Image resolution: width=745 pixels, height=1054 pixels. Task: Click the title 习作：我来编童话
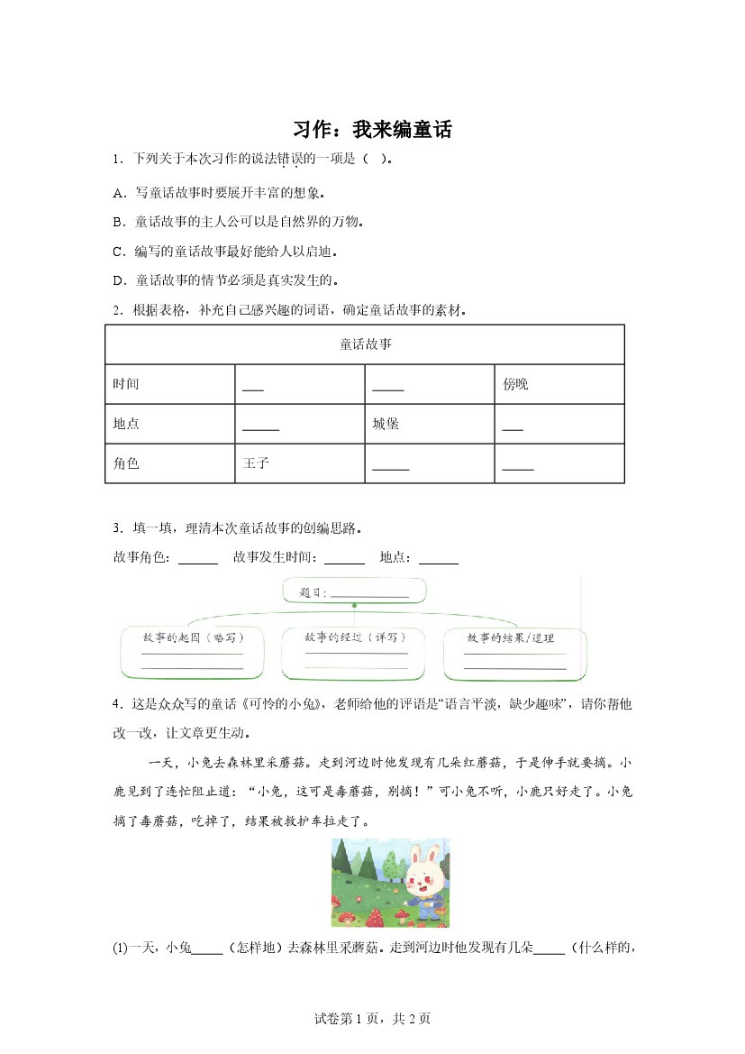(372, 129)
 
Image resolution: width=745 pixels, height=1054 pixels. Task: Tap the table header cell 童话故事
(365, 344)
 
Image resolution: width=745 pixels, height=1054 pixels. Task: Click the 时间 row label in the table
(126, 384)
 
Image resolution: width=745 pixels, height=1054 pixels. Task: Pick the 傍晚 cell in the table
(516, 384)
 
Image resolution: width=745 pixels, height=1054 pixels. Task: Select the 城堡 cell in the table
(386, 424)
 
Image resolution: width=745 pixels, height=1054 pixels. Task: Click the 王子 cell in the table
(257, 463)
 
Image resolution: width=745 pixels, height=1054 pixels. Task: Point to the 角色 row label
(126, 463)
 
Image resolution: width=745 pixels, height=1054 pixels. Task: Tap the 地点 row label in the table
(126, 424)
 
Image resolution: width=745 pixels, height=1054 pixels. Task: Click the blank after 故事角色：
(198, 558)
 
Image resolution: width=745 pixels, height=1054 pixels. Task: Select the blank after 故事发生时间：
(344, 558)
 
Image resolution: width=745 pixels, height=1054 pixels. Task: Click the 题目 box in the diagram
(354, 592)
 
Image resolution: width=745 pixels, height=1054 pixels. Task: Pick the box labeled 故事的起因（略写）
(192, 652)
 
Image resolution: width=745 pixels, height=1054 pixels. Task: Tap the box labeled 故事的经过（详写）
(354, 652)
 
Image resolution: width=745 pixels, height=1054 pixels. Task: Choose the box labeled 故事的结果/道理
(514, 652)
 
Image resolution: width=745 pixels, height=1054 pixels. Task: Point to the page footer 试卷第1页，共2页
(372, 1018)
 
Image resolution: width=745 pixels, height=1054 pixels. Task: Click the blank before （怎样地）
(207, 949)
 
